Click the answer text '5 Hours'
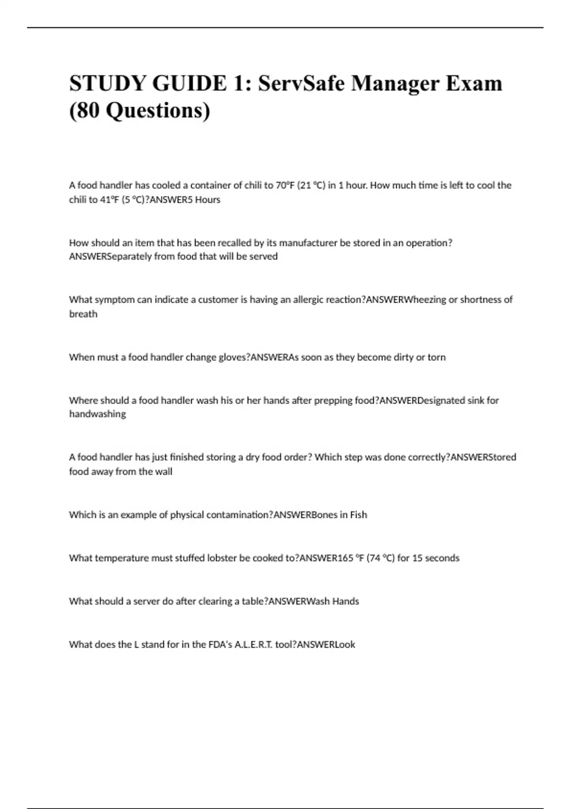click(204, 200)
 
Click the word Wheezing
click(425, 300)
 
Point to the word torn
click(436, 357)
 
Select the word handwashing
click(98, 414)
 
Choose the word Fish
click(358, 515)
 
